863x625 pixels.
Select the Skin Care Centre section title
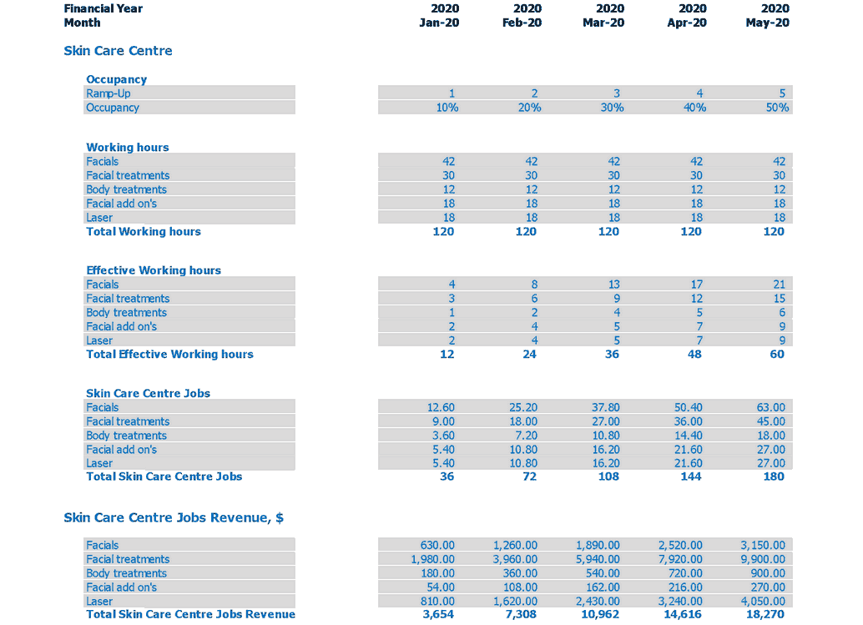click(118, 51)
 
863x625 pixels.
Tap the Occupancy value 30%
click(612, 108)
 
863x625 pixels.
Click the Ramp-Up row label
click(109, 93)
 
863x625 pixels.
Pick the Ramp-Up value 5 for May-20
click(782, 93)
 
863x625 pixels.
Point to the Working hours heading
click(127, 148)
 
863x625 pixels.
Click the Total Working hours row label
click(144, 231)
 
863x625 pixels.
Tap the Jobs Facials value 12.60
click(441, 407)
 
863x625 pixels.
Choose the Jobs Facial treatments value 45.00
click(770, 421)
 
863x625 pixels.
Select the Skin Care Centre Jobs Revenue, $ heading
click(174, 517)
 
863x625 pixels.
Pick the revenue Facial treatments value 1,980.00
click(432, 559)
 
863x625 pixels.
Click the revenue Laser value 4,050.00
click(763, 601)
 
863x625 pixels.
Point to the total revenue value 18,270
click(767, 614)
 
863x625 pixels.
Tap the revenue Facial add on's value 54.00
click(441, 587)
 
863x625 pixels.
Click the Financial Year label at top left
click(103, 8)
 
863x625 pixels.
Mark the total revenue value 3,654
click(439, 614)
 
